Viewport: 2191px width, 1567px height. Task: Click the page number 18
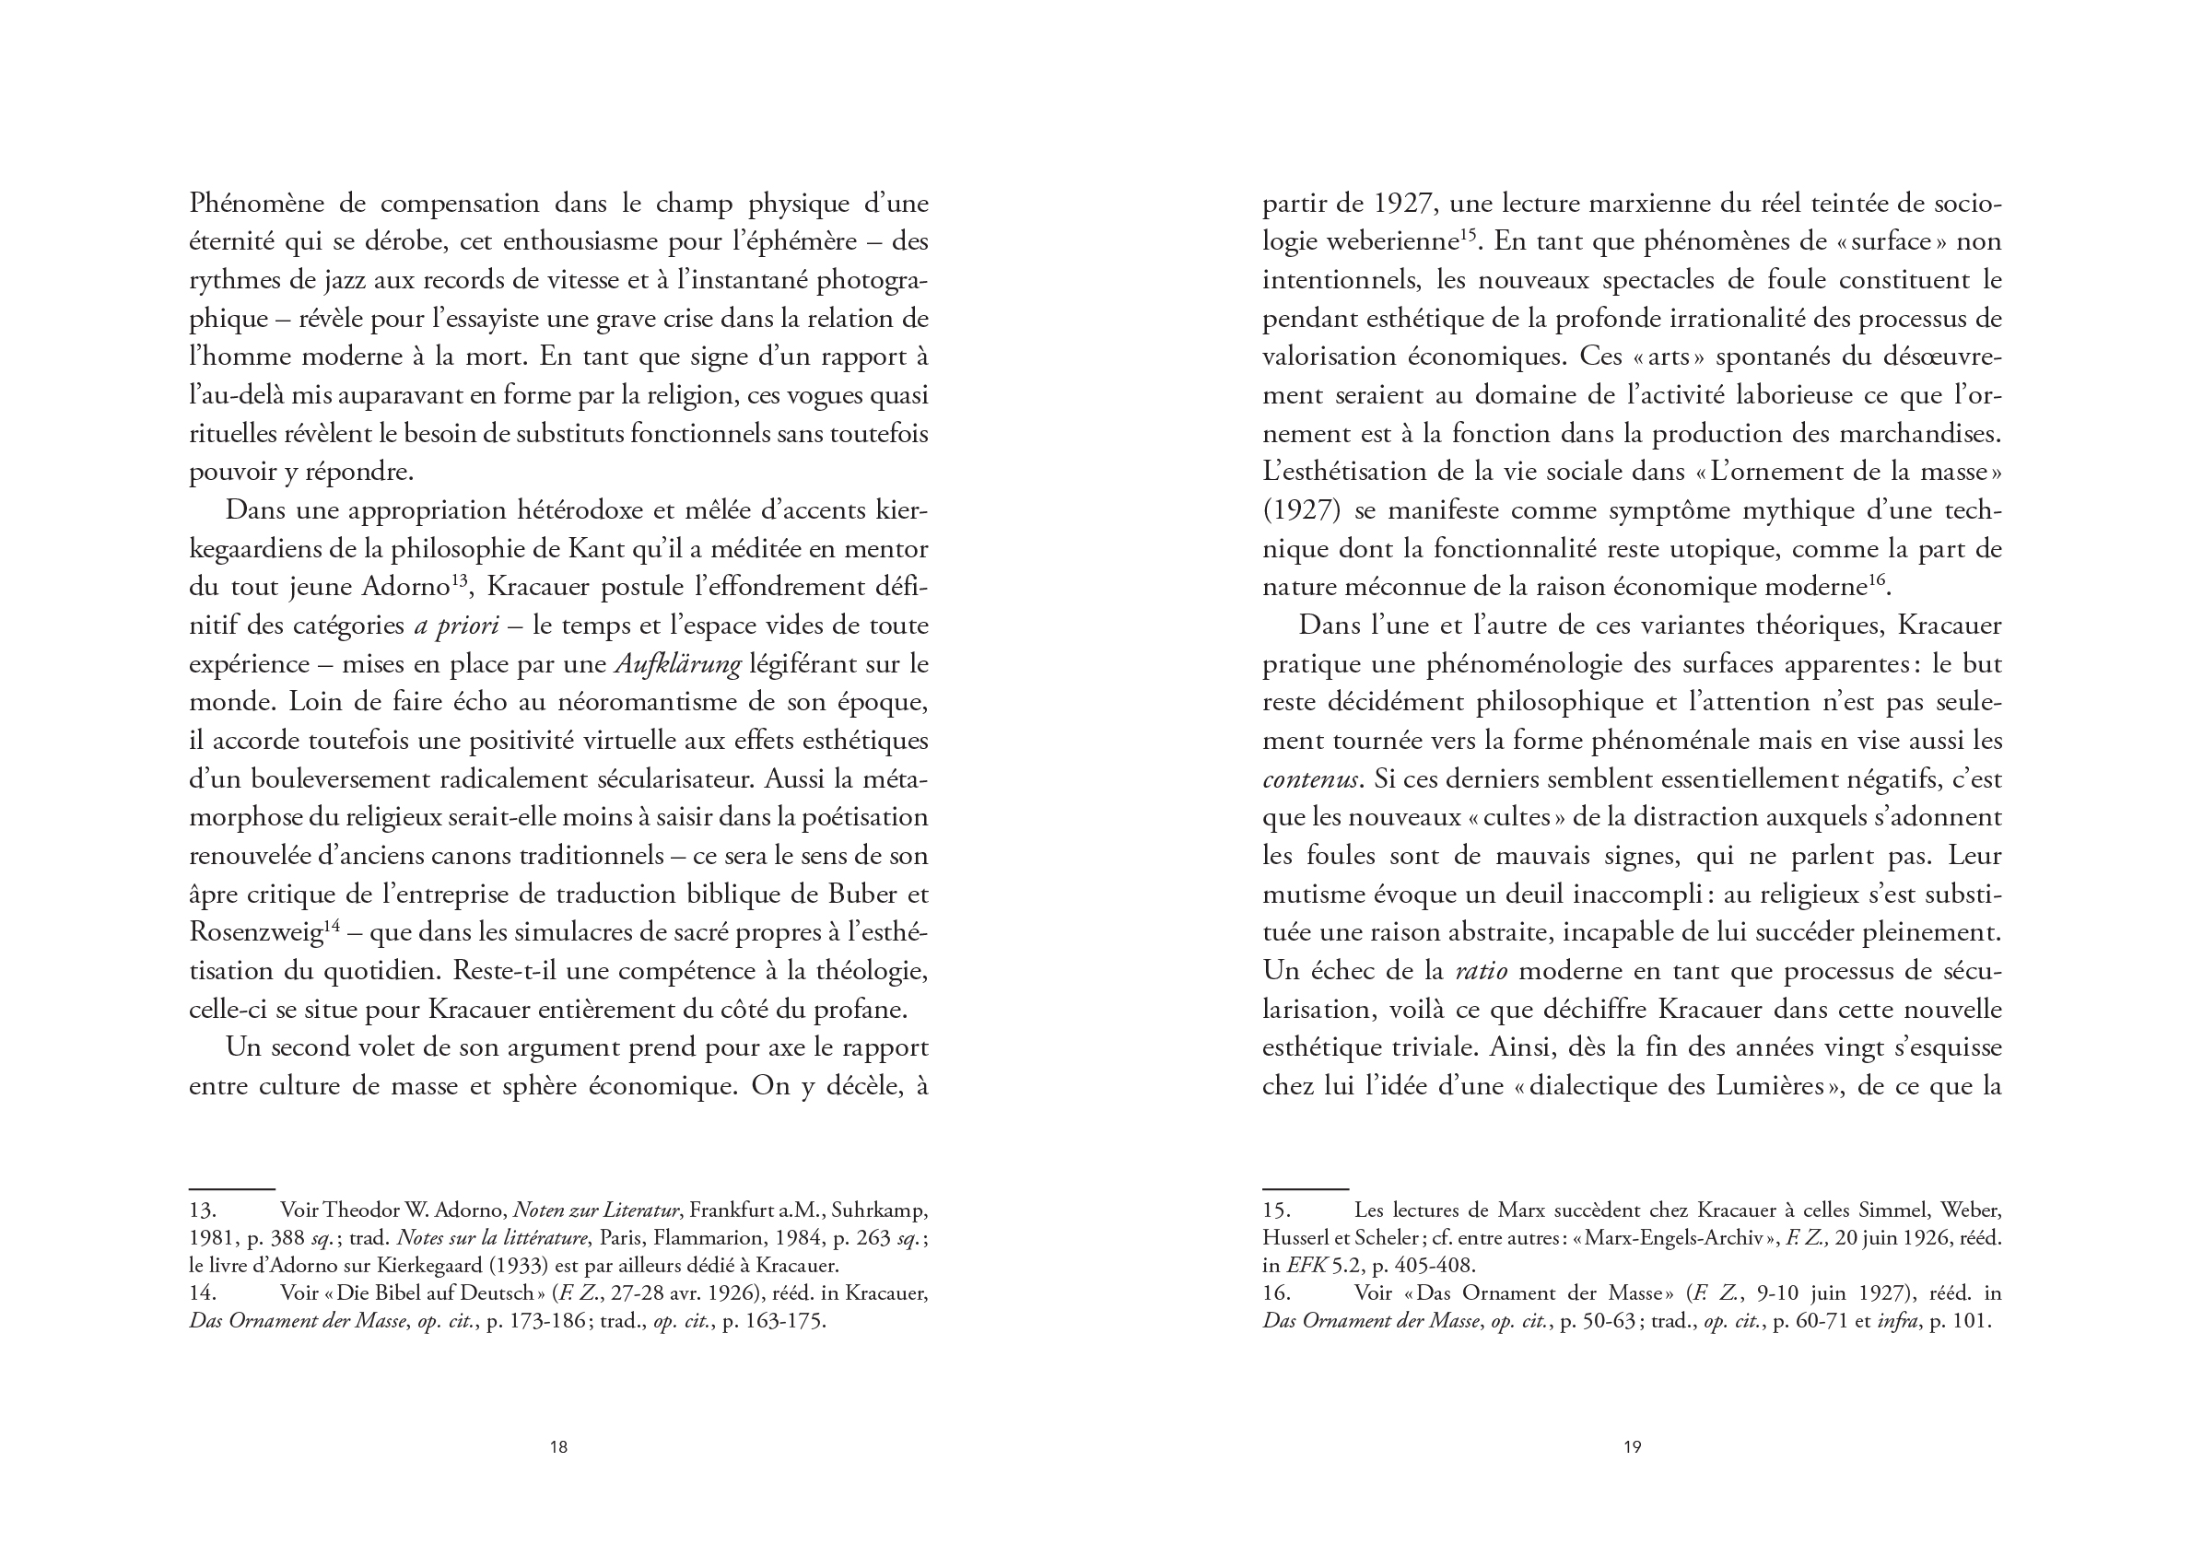(x=557, y=1446)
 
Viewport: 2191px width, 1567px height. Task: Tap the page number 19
(x=1632, y=1446)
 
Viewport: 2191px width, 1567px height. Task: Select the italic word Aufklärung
(x=679, y=665)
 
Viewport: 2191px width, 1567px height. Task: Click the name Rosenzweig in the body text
(x=255, y=933)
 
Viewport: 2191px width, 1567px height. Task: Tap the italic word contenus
(x=1310, y=779)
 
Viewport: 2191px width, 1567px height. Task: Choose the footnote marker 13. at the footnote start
(x=203, y=1210)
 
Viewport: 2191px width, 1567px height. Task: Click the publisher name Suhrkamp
(x=878, y=1210)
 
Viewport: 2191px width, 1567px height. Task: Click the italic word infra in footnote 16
(x=1897, y=1321)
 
